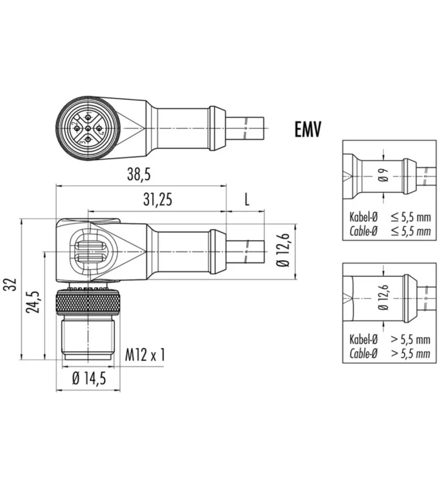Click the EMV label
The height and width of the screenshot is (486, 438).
point(308,129)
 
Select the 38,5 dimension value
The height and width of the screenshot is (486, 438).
point(139,174)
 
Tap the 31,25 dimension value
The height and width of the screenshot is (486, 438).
point(158,200)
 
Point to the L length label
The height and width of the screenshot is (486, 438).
point(247,200)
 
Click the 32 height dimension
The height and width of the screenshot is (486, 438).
point(12,284)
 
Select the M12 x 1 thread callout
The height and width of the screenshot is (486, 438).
point(145,355)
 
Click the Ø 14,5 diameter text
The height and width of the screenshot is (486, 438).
point(89,378)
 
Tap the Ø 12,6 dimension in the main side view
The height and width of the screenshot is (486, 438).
point(283,250)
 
